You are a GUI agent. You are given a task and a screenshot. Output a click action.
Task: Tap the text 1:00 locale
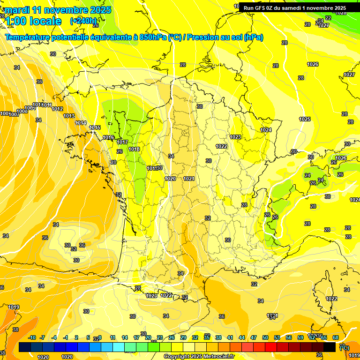pos(33,21)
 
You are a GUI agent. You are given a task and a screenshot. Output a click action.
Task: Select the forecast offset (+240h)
pos(83,21)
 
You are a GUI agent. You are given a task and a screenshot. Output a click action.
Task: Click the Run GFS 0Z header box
pos(294,8)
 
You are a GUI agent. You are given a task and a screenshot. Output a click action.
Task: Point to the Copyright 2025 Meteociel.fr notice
pos(199,356)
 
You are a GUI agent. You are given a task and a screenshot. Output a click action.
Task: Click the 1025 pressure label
pos(305,119)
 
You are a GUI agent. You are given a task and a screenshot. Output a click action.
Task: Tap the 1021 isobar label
pos(189,179)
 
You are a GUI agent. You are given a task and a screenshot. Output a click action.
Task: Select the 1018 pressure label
pos(134,149)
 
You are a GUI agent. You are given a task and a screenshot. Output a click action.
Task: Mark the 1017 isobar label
pos(122,142)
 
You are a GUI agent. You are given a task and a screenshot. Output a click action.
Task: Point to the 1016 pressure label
pos(109,137)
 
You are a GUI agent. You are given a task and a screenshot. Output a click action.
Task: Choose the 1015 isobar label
pos(95,127)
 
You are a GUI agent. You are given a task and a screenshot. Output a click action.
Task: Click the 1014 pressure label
pos(81,123)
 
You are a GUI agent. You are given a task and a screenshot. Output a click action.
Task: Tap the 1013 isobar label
pos(69,116)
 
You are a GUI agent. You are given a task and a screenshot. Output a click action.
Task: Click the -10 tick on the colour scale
pos(32,337)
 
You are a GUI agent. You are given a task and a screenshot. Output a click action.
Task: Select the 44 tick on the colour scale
pos(242,337)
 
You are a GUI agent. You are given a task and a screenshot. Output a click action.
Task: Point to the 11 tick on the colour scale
pos(112,337)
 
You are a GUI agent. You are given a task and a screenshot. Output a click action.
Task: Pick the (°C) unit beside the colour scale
pos(344,347)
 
